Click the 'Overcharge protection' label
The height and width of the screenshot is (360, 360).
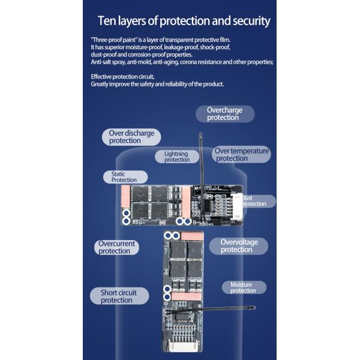224,114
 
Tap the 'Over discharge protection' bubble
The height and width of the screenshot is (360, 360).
131,137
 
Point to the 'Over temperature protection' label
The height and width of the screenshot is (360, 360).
241,155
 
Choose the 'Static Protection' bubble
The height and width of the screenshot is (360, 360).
124,176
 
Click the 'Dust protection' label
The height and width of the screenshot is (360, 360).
254,201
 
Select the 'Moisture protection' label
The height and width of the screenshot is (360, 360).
243,287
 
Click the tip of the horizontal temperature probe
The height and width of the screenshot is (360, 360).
255,307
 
